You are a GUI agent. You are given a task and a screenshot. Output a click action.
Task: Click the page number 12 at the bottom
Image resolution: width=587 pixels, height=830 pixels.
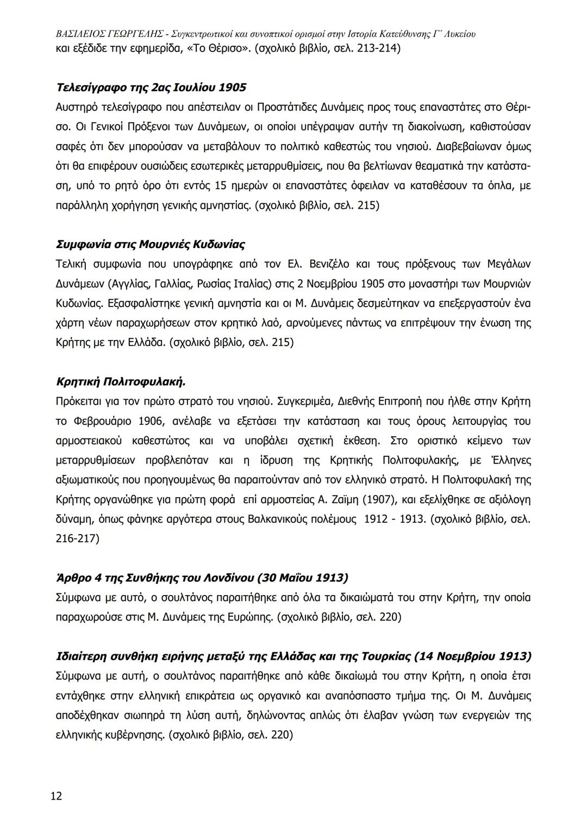(57, 796)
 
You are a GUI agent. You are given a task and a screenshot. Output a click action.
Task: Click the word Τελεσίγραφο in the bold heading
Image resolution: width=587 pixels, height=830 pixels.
(91, 88)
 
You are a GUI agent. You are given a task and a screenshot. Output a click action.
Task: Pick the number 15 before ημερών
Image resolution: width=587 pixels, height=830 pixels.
(221, 186)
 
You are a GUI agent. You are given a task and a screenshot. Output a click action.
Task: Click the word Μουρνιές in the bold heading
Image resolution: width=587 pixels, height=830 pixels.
(164, 244)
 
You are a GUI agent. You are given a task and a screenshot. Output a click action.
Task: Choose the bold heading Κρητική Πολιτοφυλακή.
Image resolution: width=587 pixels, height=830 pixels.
(121, 382)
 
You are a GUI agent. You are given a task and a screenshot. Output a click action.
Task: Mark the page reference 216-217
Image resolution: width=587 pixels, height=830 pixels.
(77, 538)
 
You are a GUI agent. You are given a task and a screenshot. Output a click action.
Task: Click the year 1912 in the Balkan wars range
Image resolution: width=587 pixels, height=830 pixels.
(375, 519)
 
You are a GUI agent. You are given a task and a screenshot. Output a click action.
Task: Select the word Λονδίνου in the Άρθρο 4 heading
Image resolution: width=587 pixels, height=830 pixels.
(229, 578)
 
